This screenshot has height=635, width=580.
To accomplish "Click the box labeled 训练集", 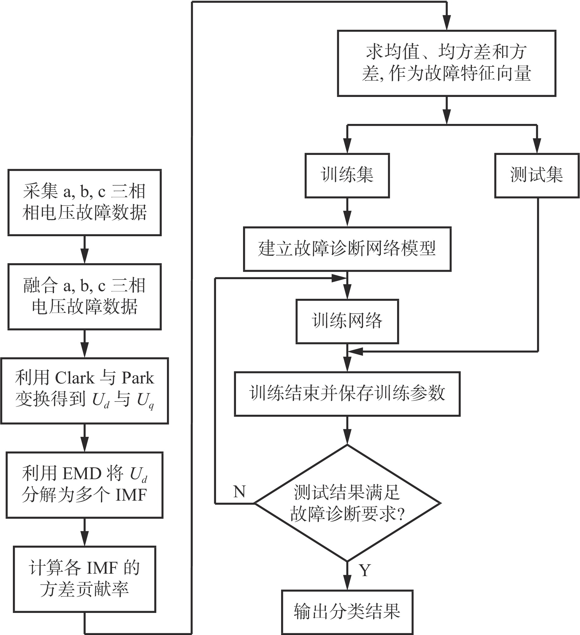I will (347, 175).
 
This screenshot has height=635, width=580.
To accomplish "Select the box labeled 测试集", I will (536, 175).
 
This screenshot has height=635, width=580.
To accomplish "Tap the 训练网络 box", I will (347, 321).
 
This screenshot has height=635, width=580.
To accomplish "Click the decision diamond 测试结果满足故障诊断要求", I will (347, 503).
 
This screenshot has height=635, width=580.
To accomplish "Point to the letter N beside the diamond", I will (239, 492).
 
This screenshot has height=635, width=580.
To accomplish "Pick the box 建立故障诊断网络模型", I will (347, 249).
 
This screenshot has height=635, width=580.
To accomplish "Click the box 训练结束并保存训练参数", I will (347, 394).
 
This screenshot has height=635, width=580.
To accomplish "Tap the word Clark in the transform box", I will (74, 378).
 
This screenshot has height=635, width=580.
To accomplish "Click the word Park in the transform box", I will (138, 378).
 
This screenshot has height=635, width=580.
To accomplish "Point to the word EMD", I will (82, 473).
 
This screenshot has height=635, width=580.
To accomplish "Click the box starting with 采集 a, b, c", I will (84, 202).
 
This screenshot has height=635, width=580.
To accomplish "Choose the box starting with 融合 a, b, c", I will (84, 296).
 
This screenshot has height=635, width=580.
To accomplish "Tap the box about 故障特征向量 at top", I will (446, 63).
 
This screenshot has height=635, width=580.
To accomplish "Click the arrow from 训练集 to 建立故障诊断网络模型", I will (347, 212).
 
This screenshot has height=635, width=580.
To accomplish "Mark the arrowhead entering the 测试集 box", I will (536, 146).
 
